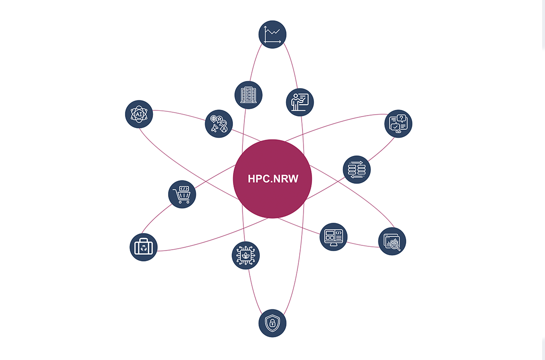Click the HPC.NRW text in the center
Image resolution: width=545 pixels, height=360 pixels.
point(273,179)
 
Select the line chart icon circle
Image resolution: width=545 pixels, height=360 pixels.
point(273,35)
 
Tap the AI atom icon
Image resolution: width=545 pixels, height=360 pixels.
point(139,114)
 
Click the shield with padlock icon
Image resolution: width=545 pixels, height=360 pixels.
point(273,323)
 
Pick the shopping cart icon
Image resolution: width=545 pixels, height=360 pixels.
point(182,194)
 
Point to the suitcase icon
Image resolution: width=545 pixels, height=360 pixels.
point(143,247)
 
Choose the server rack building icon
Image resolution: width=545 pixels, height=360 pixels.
point(249,95)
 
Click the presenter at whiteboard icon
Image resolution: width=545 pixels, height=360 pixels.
point(300,102)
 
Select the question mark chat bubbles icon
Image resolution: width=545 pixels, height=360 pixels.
point(398,124)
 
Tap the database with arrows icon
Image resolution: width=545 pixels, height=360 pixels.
point(357,170)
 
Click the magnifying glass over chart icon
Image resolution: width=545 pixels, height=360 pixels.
point(392,242)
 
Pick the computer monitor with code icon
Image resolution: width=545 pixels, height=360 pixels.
point(333,237)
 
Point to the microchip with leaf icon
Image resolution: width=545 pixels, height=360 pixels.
point(246,255)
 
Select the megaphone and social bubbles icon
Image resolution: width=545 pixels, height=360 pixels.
point(219,124)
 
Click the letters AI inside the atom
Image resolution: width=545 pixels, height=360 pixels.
point(139,114)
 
